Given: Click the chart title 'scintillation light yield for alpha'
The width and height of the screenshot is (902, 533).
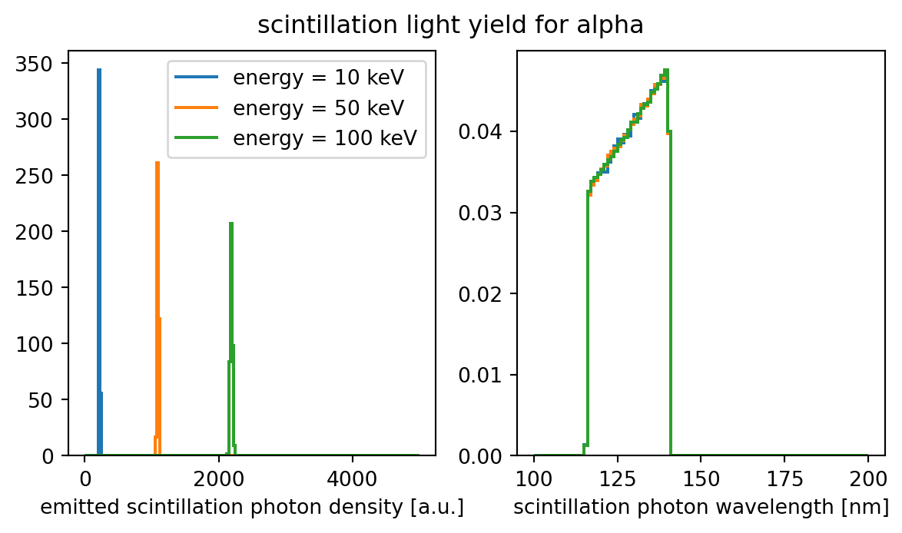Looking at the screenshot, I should pyautogui.click(x=450, y=26).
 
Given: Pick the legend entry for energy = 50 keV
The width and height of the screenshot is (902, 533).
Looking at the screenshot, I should pyautogui.click(x=318, y=107).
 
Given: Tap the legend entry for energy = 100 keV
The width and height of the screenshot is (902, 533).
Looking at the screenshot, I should pyautogui.click(x=324, y=137).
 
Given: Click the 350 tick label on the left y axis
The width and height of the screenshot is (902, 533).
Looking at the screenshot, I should pyautogui.click(x=48, y=64).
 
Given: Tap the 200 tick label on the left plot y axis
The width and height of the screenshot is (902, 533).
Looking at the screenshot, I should pyautogui.click(x=48, y=232).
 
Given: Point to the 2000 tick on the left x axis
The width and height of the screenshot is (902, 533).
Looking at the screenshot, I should pyautogui.click(x=218, y=476).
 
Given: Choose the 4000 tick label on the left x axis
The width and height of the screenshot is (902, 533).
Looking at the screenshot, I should pyautogui.click(x=352, y=476).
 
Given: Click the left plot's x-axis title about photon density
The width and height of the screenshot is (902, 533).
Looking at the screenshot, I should pyautogui.click(x=252, y=508).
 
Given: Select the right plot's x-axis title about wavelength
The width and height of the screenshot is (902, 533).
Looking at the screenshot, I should pyautogui.click(x=701, y=508).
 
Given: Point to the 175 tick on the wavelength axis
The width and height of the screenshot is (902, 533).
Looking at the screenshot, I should pyautogui.click(x=784, y=476).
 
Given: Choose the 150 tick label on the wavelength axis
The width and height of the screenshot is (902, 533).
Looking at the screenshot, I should pyautogui.click(x=701, y=476).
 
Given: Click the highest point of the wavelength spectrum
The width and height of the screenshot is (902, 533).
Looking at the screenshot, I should pyautogui.click(x=666, y=71).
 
